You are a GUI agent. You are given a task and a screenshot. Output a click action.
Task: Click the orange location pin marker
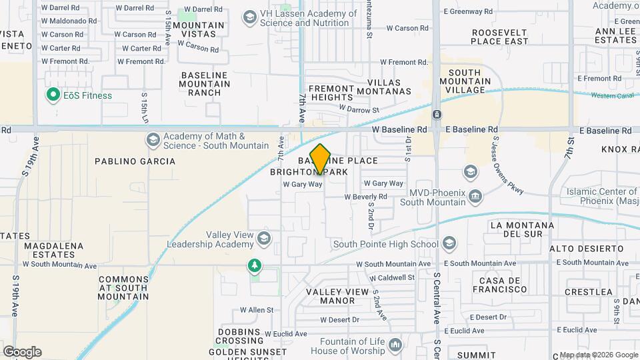coord(321,159)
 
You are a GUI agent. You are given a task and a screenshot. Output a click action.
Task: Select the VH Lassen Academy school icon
coord(251,17)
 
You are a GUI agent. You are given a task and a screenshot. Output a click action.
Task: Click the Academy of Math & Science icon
coord(153,139)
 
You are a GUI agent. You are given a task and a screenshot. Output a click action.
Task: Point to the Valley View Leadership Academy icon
coord(264,238)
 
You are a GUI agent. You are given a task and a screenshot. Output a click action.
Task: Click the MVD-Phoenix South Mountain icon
coord(475,195)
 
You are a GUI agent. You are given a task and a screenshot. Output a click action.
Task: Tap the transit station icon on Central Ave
coord(436,115)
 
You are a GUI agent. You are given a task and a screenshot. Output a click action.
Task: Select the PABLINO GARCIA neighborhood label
coord(135,161)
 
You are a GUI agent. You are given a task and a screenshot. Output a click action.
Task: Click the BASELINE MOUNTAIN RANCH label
coord(205,84)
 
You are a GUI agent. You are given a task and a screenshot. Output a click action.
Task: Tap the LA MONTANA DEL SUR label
coord(522,229)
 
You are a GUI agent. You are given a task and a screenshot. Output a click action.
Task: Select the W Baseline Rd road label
coord(399,129)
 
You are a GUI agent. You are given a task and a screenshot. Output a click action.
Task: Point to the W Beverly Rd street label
coord(365,197)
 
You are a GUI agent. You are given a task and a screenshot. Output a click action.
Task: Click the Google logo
coord(22,351)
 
